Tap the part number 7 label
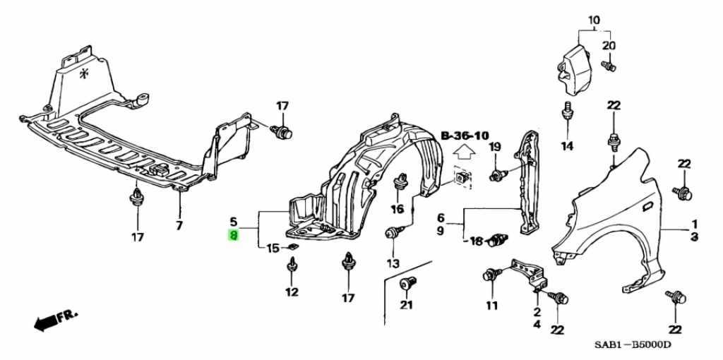179,225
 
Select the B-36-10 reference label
465,135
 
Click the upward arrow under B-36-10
463,151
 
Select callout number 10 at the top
593,20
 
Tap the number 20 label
609,46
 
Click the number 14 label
568,146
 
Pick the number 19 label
494,146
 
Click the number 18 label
476,241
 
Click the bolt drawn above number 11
490,275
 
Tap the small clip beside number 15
291,247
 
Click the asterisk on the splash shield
85,74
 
